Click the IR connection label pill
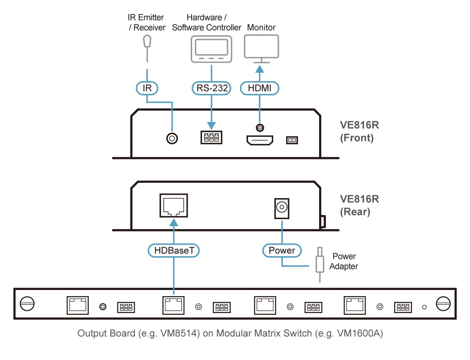147,88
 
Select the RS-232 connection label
211,88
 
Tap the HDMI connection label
259,88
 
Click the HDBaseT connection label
174,250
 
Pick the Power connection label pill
282,250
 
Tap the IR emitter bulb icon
147,41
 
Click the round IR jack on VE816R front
172,139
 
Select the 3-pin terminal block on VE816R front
211,138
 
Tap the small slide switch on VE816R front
292,141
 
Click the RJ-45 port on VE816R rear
174,206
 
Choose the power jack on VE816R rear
282,208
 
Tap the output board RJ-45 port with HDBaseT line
174,305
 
